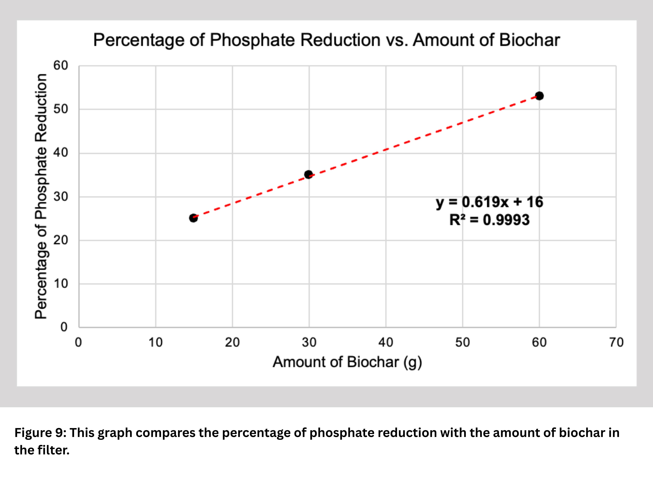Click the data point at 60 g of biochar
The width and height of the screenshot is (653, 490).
[x=539, y=96]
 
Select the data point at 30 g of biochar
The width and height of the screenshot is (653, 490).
[x=309, y=175]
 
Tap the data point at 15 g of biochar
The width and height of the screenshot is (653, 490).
[x=193, y=218]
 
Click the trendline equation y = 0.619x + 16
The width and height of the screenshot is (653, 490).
[x=489, y=202]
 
